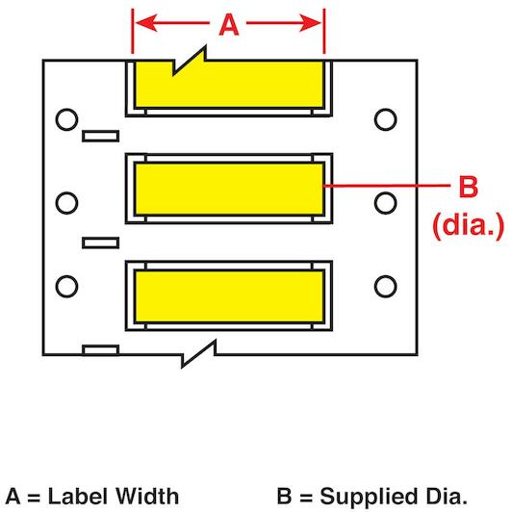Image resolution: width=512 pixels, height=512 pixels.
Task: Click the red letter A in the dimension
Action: (x=229, y=25)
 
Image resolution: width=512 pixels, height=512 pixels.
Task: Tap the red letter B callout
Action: (x=469, y=187)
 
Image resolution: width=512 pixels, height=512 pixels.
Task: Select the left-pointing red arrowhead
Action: (x=146, y=23)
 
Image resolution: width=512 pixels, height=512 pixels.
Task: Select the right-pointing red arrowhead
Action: (x=310, y=23)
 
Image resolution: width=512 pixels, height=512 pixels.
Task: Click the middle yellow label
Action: (x=229, y=189)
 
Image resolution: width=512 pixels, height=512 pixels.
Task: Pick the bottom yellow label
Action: (x=229, y=296)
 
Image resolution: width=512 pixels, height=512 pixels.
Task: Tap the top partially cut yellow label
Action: (x=229, y=85)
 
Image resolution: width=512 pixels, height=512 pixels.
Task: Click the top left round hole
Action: (x=66, y=119)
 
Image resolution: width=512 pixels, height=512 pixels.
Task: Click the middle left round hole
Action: (x=66, y=203)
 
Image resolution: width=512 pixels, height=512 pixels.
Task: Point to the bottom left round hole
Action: (x=66, y=287)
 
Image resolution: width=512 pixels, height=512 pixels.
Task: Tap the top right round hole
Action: (x=385, y=119)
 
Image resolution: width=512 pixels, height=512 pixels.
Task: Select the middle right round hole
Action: (x=385, y=203)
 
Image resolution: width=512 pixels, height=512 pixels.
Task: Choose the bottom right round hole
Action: (x=385, y=287)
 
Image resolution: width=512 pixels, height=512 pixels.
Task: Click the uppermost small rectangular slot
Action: (x=100, y=136)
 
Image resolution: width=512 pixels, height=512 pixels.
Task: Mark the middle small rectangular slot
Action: (x=100, y=243)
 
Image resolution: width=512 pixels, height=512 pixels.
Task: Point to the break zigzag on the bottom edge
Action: (x=198, y=354)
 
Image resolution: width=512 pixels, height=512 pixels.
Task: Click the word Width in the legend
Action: (x=147, y=496)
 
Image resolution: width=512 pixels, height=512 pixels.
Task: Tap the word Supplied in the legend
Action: (x=370, y=498)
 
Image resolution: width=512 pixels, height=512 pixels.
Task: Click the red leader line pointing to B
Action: (x=387, y=186)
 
